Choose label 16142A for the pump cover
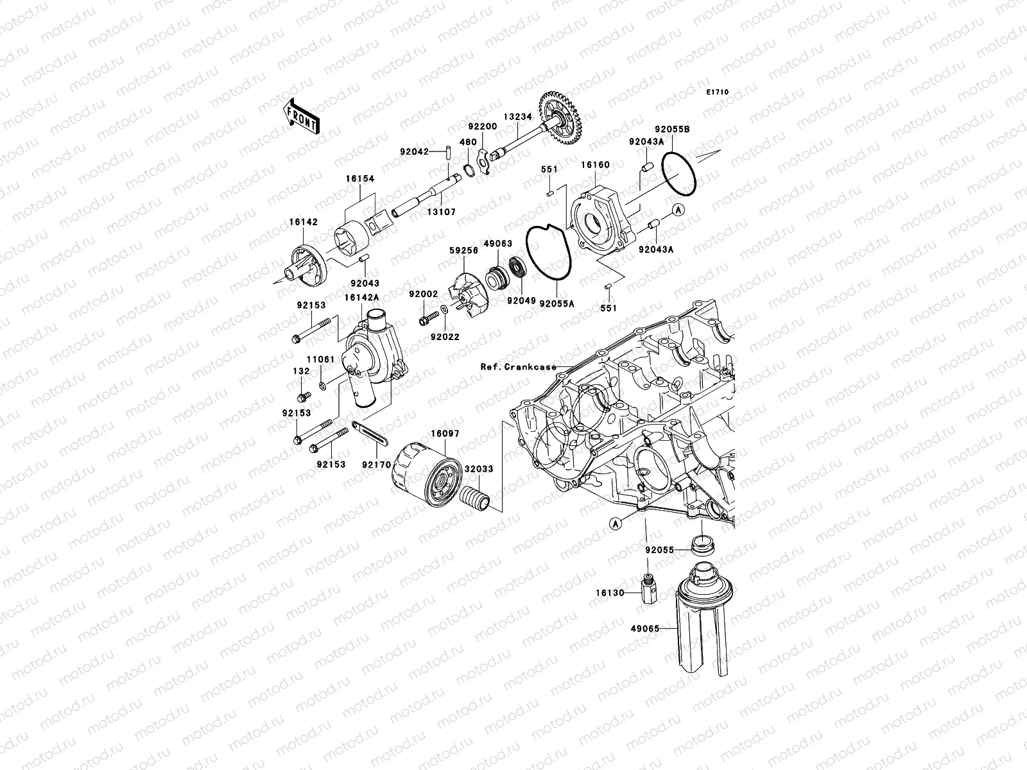(361, 297)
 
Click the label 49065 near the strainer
(645, 629)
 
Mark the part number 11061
(320, 359)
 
